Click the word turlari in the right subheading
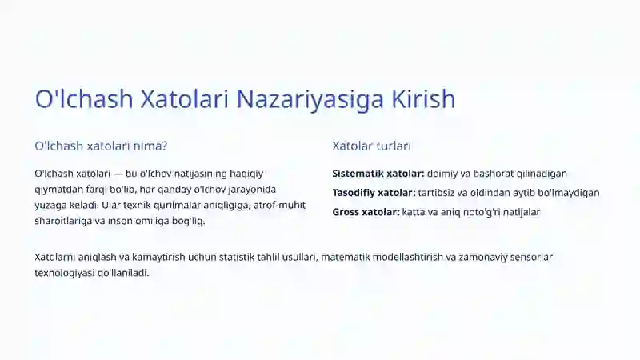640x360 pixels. [390, 146]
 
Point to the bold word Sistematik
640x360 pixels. [358, 173]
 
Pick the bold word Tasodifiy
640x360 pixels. [356, 193]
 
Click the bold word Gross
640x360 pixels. [348, 212]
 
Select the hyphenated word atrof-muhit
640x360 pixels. [279, 206]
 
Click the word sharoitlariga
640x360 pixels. [63, 222]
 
